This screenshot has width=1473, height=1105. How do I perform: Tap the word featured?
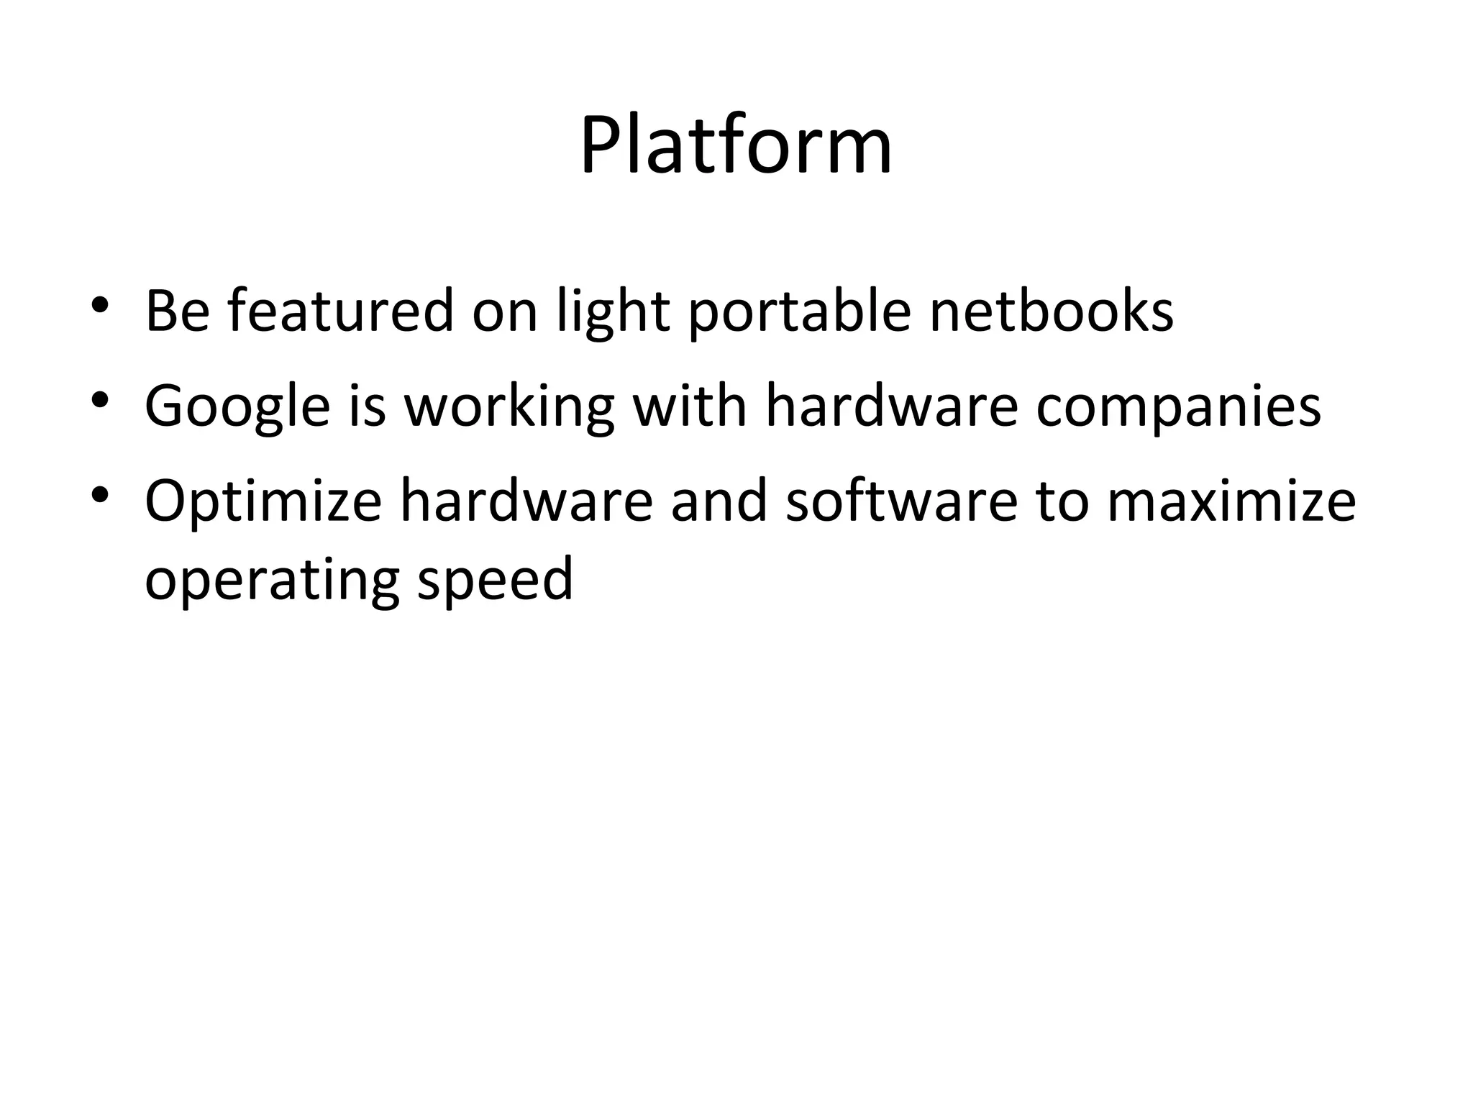point(341,311)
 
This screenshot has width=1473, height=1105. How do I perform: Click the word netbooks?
point(1052,311)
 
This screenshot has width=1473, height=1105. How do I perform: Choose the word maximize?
point(1231,501)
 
